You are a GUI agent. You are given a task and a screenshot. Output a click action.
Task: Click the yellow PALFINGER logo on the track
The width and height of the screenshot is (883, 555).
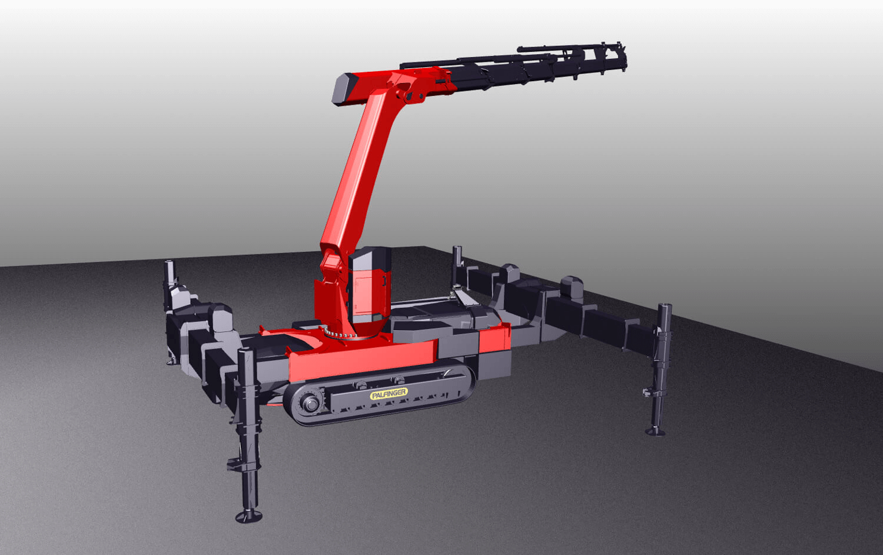click(389, 394)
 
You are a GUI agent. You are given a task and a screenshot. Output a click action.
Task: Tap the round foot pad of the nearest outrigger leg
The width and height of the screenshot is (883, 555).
click(249, 516)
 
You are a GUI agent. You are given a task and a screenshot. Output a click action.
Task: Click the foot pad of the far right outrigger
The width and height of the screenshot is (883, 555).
click(655, 431)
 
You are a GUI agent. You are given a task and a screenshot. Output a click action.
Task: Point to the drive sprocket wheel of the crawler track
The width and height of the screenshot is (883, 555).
click(310, 404)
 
